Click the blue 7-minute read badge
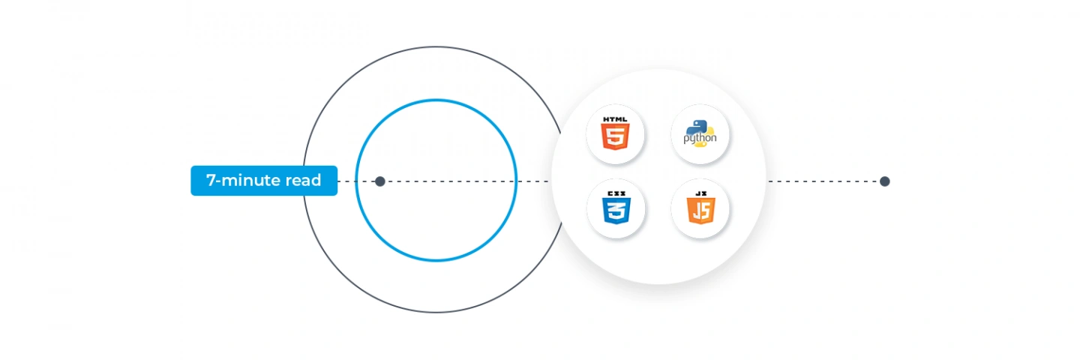264,181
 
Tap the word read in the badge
303,180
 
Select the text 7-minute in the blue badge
244,180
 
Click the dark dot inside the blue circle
380,181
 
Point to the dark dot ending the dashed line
884,181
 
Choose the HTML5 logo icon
615,133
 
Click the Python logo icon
700,134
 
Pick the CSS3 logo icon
616,208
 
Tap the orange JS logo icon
700,208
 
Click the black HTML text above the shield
615,119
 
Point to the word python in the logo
700,138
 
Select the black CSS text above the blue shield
616,193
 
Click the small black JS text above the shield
700,193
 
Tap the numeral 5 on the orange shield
615,136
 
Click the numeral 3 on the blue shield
616,211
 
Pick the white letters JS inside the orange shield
700,211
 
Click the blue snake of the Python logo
696,127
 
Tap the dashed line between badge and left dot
355,181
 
